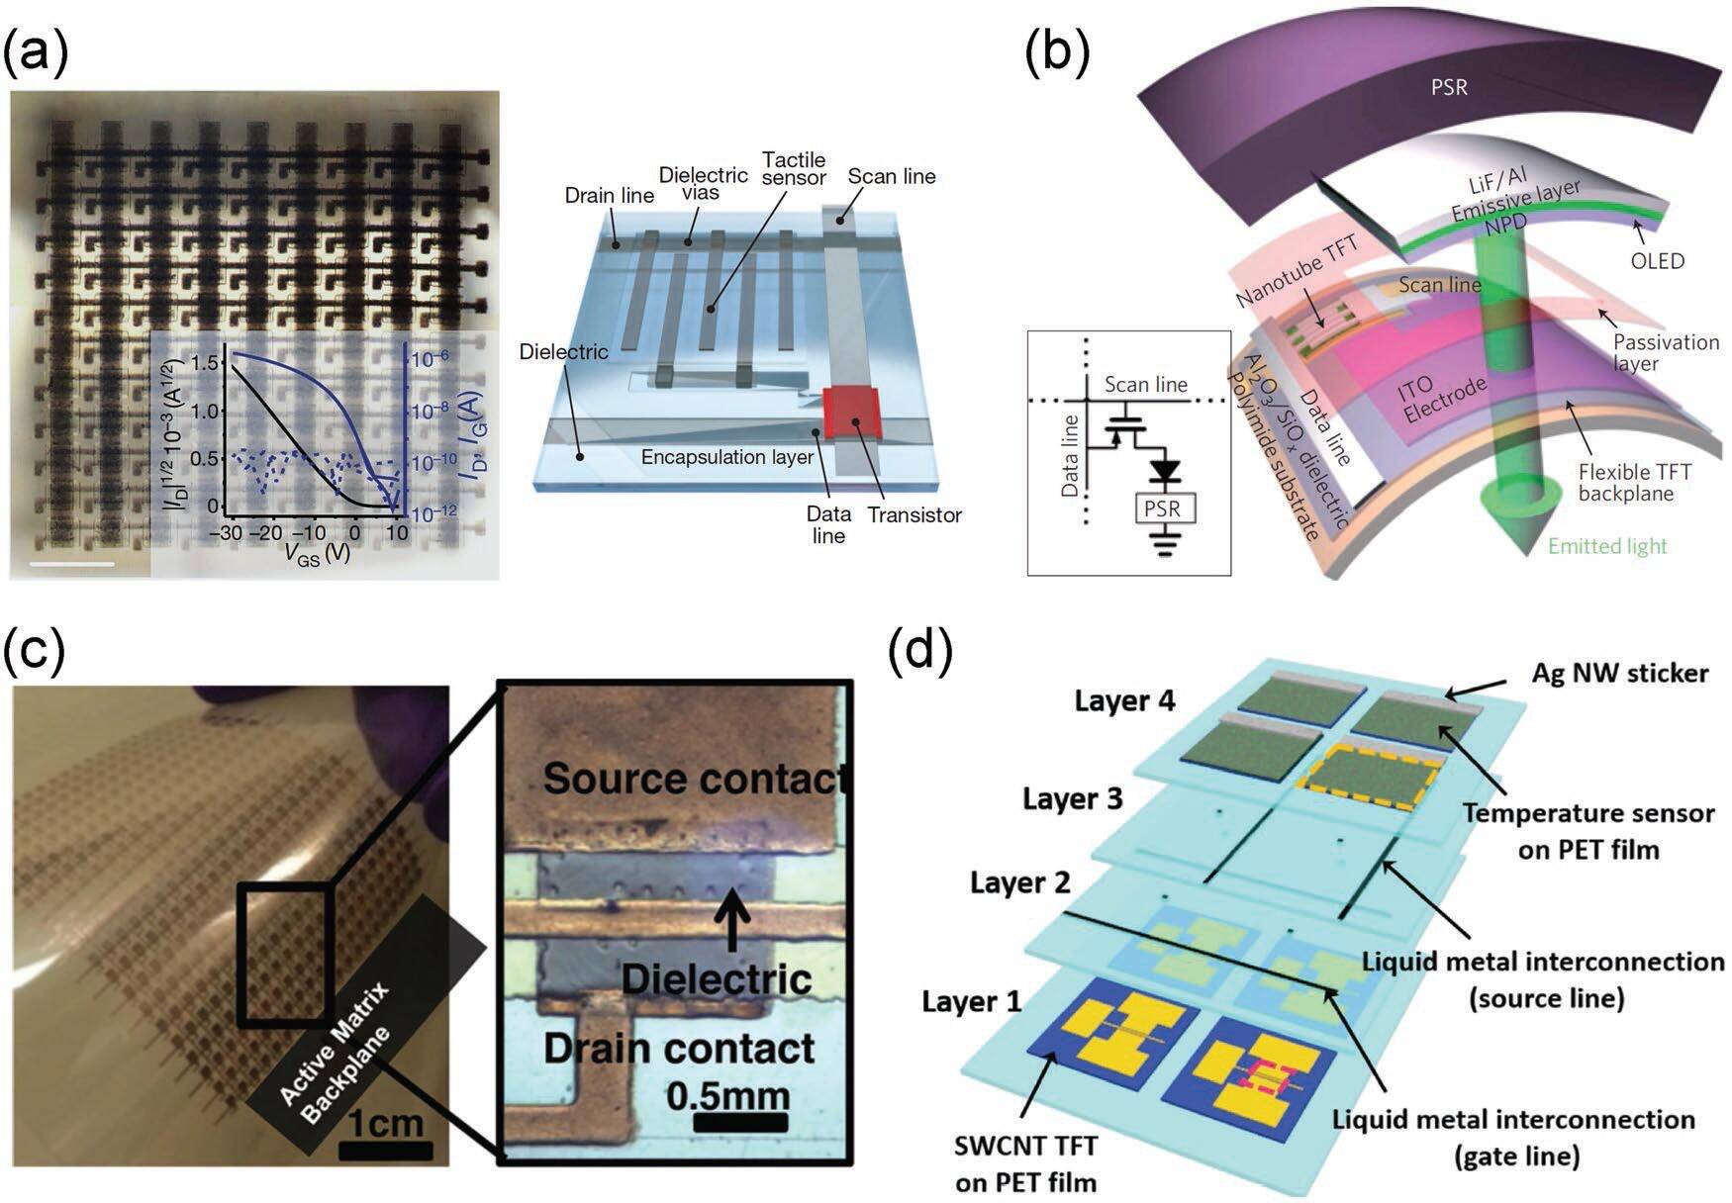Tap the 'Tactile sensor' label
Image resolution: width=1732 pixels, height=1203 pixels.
click(x=793, y=169)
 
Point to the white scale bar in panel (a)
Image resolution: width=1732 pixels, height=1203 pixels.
click(x=72, y=565)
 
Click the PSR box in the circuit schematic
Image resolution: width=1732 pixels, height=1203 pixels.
click(x=1164, y=509)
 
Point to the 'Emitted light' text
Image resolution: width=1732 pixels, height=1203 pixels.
click(x=1607, y=546)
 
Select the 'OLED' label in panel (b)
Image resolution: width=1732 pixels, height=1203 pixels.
click(x=1657, y=262)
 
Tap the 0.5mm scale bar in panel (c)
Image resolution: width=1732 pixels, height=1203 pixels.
click(x=740, y=1123)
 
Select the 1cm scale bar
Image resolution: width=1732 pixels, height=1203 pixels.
click(x=385, y=1151)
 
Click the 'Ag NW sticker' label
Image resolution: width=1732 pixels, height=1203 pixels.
click(x=1620, y=673)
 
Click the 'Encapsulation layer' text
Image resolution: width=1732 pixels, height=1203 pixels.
click(x=727, y=457)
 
